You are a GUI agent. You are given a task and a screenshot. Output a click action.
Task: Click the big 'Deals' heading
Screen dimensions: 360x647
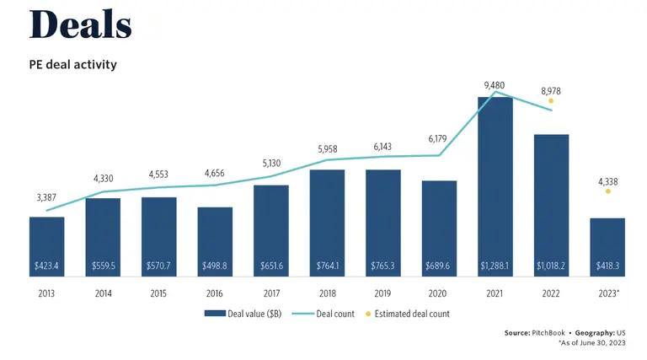coord(81,25)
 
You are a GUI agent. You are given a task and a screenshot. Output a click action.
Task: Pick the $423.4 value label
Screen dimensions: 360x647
coord(47,266)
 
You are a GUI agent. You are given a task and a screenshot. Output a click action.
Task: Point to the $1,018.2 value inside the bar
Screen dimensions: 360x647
coord(551,266)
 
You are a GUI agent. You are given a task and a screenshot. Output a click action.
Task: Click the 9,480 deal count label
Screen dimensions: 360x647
coord(495,85)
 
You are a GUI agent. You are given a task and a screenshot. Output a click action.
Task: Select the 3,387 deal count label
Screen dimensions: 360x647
coord(47,198)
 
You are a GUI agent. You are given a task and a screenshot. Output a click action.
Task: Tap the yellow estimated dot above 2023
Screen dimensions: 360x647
coord(607,191)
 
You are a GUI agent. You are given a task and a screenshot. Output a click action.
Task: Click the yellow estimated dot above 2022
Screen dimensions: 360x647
coord(551,100)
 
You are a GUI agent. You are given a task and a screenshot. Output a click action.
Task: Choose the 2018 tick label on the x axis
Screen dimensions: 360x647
coord(327,293)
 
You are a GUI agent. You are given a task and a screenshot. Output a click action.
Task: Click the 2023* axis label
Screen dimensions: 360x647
coord(608,293)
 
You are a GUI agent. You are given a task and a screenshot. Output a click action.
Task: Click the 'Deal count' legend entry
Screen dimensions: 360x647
coord(327,314)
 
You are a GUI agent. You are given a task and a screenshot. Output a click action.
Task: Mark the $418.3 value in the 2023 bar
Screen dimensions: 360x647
coord(607,266)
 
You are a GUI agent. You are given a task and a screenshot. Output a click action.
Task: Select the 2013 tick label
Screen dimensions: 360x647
coord(47,293)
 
